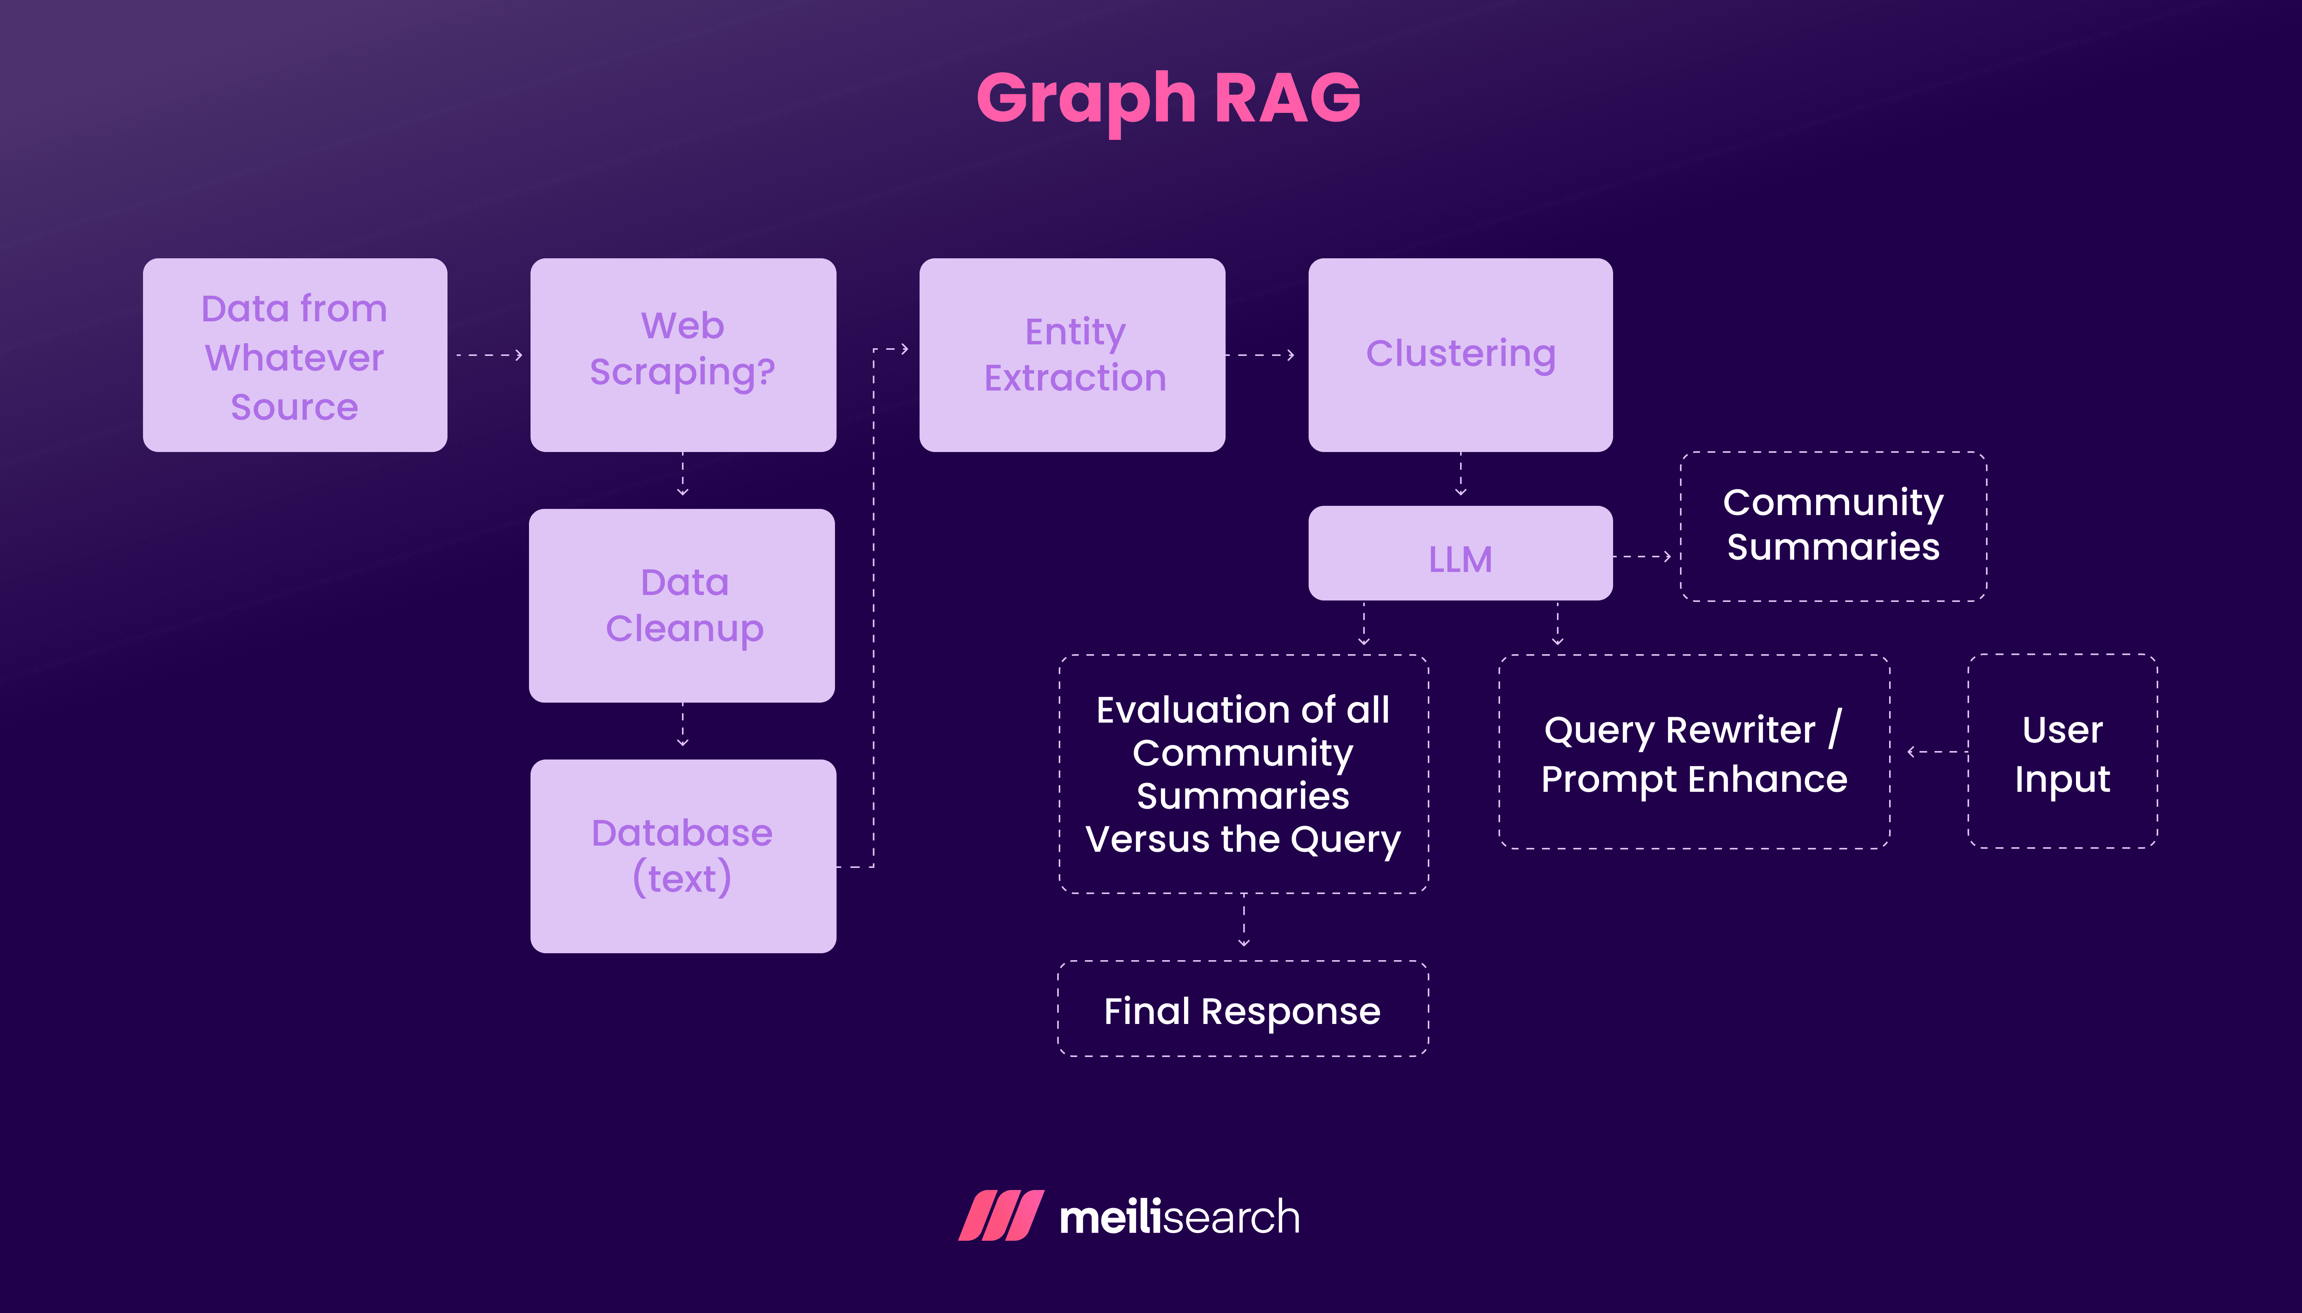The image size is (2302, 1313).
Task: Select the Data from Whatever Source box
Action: click(x=295, y=355)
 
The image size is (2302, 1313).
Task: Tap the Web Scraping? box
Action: click(x=683, y=355)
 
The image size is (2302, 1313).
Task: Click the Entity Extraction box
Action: click(x=1072, y=355)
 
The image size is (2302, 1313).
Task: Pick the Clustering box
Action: click(x=1460, y=355)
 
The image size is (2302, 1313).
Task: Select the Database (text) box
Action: click(x=683, y=856)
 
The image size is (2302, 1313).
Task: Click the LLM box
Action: click(x=1460, y=554)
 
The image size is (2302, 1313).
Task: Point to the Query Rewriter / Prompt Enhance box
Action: click(x=1693, y=752)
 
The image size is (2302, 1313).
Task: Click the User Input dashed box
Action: click(x=2062, y=752)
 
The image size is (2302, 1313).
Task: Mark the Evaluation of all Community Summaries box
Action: click(x=1242, y=774)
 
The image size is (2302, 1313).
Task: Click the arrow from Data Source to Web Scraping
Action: click(x=489, y=355)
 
